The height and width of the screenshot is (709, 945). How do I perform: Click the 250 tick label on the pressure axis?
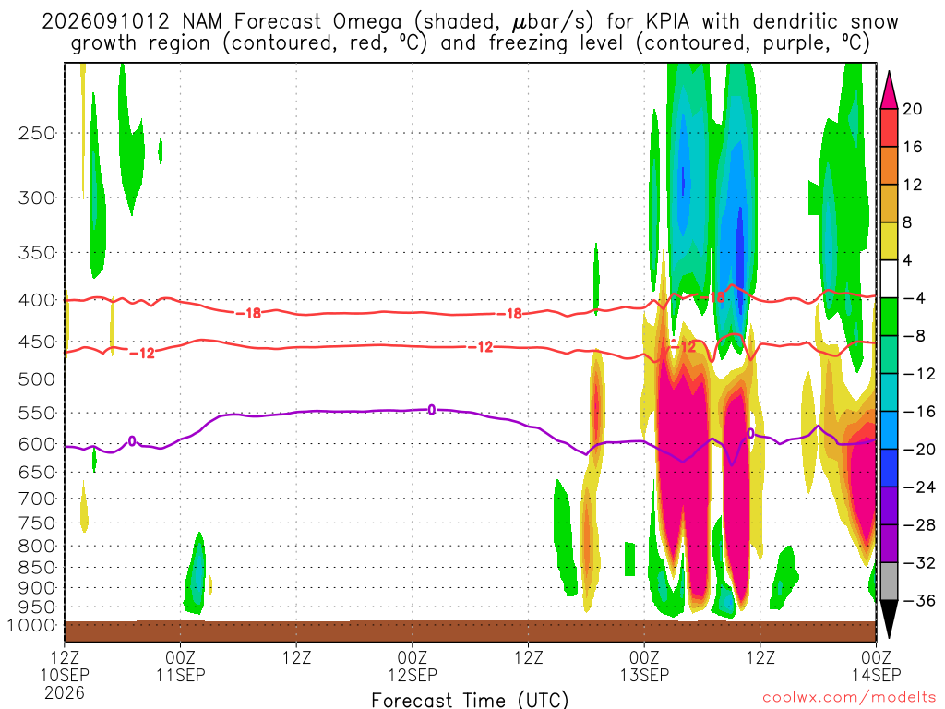tap(37, 133)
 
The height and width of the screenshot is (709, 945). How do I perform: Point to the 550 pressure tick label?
tap(37, 414)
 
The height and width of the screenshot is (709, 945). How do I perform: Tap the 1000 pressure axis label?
tap(32, 625)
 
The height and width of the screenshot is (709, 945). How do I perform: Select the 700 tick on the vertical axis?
tap(37, 499)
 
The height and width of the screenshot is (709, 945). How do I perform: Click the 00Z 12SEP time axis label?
tap(413, 666)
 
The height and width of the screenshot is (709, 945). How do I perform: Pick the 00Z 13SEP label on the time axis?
tap(644, 666)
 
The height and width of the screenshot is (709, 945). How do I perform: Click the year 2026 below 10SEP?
tap(65, 692)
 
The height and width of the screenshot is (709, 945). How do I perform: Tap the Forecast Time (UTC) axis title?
tap(470, 700)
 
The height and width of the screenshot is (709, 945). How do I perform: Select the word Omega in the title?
tap(367, 23)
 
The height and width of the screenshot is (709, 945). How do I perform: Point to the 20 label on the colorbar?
tap(912, 109)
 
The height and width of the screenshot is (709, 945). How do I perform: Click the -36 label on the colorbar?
tap(919, 600)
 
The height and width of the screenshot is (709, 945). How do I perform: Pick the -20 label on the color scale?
tap(919, 450)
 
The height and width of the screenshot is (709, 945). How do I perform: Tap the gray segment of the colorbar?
tap(889, 582)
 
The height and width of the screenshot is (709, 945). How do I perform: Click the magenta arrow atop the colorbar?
tap(889, 91)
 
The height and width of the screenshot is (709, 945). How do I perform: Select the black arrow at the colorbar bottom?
tap(889, 618)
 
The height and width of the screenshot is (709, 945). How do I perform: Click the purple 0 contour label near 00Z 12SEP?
tap(432, 410)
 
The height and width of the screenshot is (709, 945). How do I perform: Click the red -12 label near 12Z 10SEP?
tap(142, 354)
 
